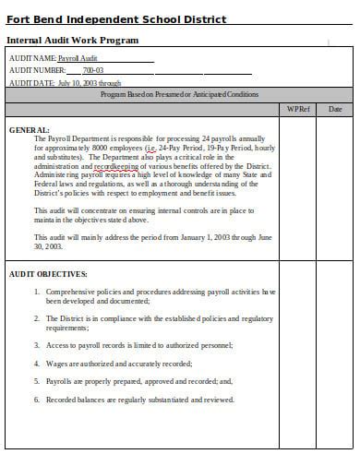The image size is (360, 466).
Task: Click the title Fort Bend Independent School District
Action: pyautogui.click(x=116, y=19)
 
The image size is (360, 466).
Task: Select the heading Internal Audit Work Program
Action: pyautogui.click(x=73, y=41)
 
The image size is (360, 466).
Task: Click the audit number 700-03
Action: pyautogui.click(x=93, y=70)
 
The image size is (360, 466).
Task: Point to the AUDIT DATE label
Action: pyautogui.click(x=31, y=82)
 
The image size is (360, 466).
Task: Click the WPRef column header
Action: pyautogui.click(x=297, y=109)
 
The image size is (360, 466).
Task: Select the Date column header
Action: pyautogui.click(x=334, y=109)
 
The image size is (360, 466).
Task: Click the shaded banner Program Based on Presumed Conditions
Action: pyautogui.click(x=179, y=94)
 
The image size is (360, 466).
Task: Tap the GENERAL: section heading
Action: pyautogui.click(x=30, y=129)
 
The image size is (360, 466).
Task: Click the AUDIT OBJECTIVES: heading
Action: pyautogui.click(x=48, y=274)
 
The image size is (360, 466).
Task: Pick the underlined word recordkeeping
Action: pyautogui.click(x=114, y=165)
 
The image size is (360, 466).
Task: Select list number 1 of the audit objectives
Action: pyautogui.click(x=37, y=292)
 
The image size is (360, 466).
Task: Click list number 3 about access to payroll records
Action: pyautogui.click(x=37, y=345)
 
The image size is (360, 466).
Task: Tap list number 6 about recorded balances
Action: pyautogui.click(x=37, y=400)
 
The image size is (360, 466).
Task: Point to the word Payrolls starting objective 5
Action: pyautogui.click(x=61, y=381)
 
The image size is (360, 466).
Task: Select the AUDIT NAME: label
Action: pyautogui.click(x=32, y=58)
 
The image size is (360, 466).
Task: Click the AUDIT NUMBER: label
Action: pyautogui.click(x=37, y=70)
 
